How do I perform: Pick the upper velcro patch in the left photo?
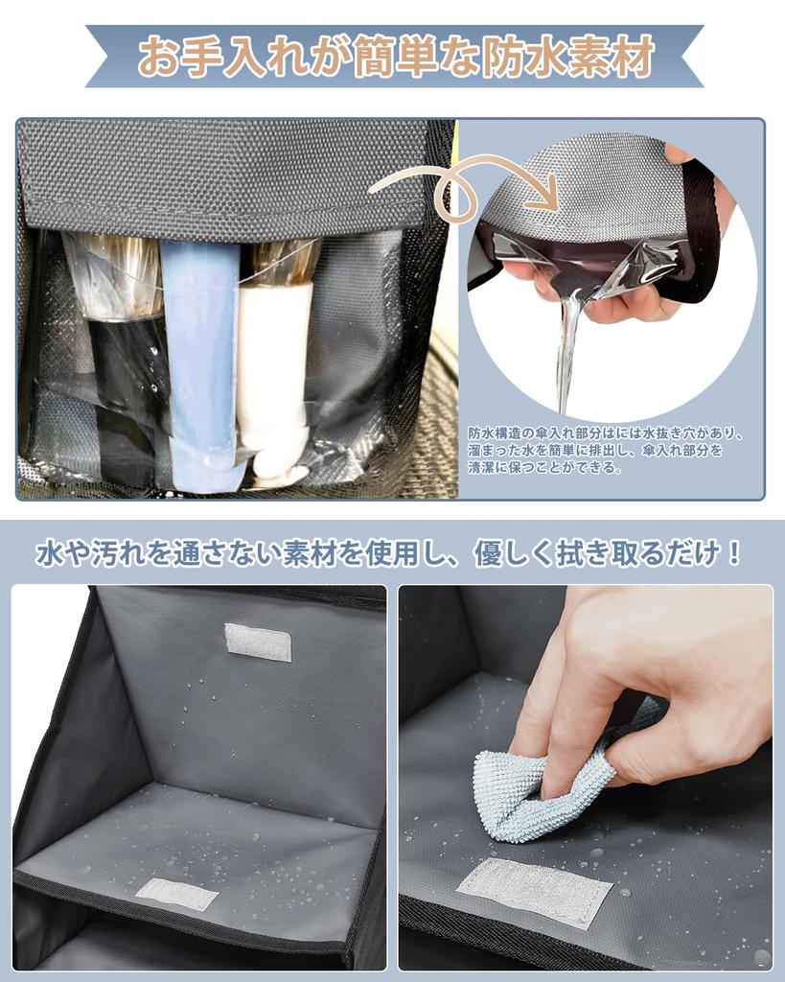(x=258, y=642)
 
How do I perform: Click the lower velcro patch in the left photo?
(x=176, y=894)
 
